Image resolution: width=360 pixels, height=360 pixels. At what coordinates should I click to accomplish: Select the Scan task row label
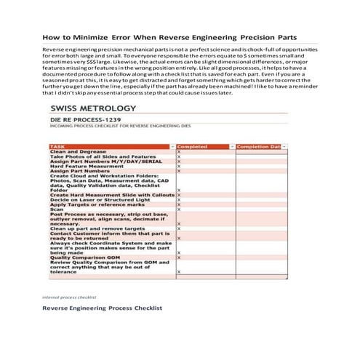point(55,209)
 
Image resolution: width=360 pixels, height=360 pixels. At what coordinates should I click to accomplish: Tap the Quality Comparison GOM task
point(84,257)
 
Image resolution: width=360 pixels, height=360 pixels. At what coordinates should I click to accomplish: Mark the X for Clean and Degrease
point(179,151)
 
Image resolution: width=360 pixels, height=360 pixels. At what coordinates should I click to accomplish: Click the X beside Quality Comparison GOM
point(179,257)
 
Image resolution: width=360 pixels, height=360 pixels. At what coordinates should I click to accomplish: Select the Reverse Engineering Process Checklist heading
point(102,308)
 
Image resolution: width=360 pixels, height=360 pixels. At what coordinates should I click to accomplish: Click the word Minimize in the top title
point(87,36)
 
